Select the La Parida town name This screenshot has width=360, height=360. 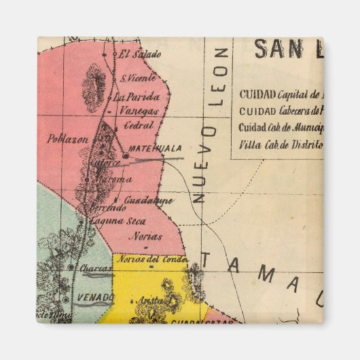(x=139, y=96)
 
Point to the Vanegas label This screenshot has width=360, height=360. (x=136, y=111)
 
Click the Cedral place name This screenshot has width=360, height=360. (x=139, y=126)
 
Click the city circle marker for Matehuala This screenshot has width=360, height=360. (x=126, y=155)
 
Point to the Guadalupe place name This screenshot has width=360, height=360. (x=149, y=201)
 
